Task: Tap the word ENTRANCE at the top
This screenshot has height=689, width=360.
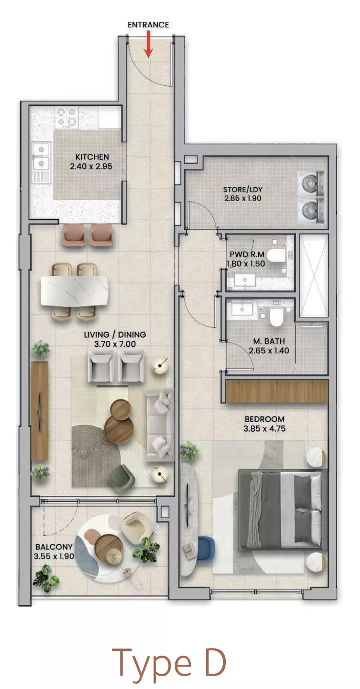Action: point(148,25)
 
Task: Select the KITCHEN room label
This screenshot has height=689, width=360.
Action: point(92,157)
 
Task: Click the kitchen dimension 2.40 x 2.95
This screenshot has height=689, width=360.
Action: point(91,166)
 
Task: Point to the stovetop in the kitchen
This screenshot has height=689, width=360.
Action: point(66,117)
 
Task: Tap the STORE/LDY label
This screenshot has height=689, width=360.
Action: point(243,189)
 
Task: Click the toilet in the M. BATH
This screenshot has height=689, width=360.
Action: point(276,317)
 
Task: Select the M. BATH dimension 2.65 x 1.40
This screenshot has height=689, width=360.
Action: point(269,351)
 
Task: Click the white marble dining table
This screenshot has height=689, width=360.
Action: point(74,291)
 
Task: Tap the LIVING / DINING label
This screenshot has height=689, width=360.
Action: point(115,334)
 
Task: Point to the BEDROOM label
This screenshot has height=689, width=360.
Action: point(264,419)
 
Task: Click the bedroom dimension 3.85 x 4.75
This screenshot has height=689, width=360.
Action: point(264,428)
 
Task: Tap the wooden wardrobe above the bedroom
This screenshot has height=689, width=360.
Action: point(277,391)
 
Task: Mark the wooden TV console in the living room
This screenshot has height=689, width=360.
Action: point(40,411)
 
